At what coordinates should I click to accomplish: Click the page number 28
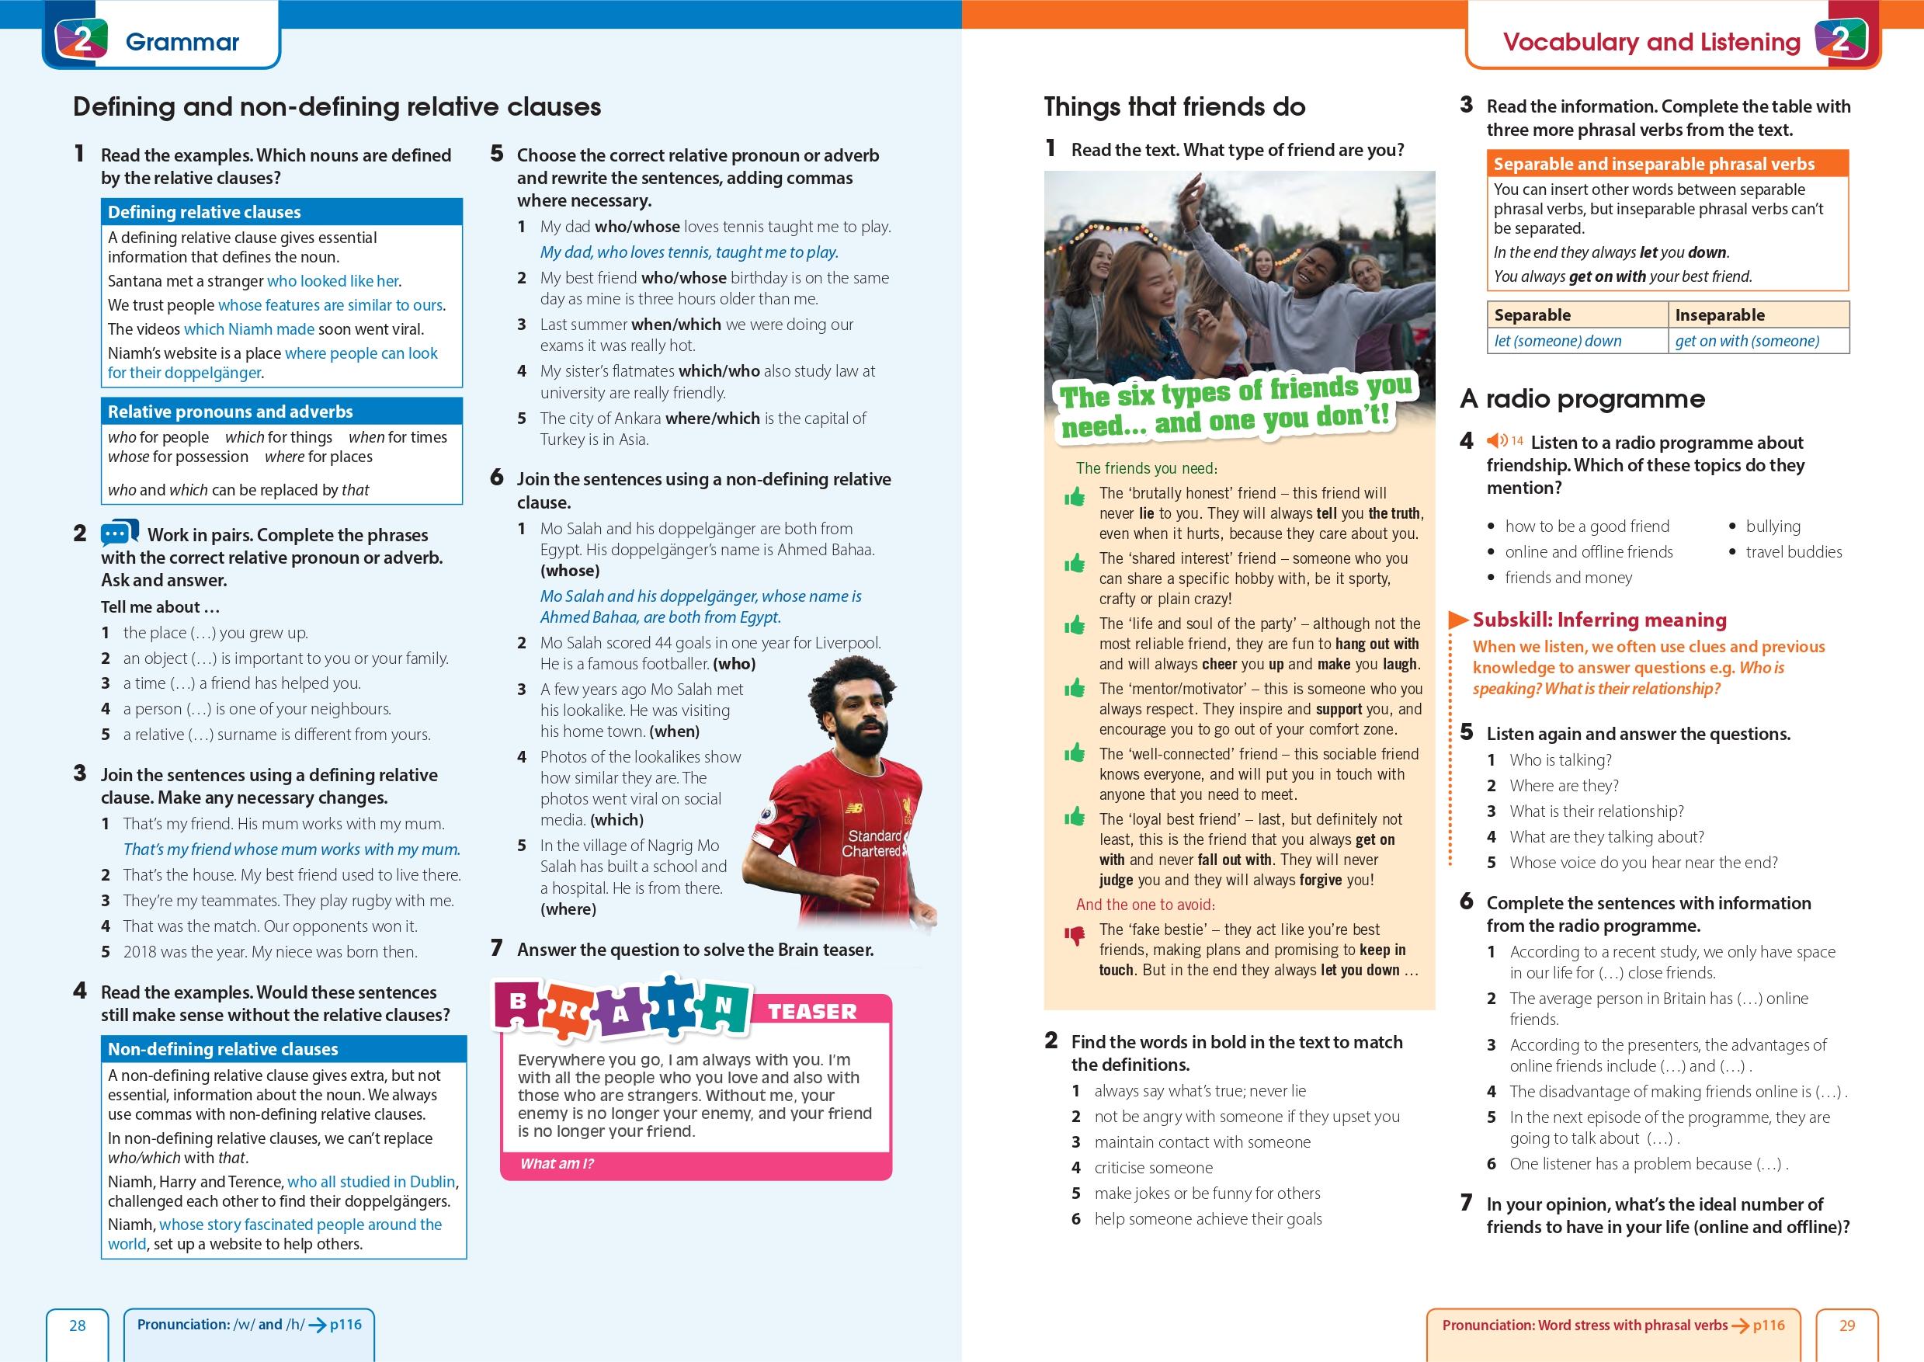click(77, 1325)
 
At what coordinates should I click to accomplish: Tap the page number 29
click(1847, 1325)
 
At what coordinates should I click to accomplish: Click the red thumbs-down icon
click(1074, 936)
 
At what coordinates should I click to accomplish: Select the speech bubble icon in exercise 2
click(119, 533)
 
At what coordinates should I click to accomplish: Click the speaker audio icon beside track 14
click(1496, 441)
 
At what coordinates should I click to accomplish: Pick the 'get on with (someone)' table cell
click(1747, 340)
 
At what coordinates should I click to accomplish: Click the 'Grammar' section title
click(182, 42)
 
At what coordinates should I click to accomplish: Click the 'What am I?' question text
click(557, 1163)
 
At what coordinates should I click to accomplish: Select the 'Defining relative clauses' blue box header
click(203, 212)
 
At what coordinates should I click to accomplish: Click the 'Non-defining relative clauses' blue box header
click(223, 1049)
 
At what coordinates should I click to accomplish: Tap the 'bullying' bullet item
click(1773, 526)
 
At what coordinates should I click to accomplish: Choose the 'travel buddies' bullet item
click(1794, 552)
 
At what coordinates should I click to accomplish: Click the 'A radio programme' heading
click(1582, 398)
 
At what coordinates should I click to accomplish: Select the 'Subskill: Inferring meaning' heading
click(1599, 620)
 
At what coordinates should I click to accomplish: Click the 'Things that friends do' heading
click(1174, 106)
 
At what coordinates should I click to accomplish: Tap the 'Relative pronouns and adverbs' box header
click(230, 412)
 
